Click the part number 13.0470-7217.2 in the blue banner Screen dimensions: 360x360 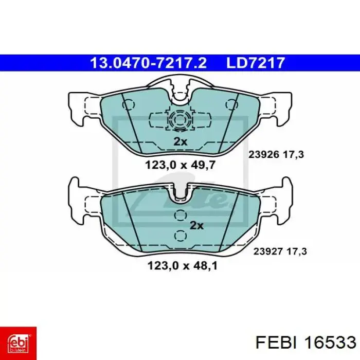tap(149, 63)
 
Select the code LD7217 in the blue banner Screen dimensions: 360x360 tap(256, 63)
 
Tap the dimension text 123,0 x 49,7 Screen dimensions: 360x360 tap(181, 165)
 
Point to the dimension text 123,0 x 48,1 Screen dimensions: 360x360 tap(182, 266)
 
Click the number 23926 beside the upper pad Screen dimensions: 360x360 tap(264, 154)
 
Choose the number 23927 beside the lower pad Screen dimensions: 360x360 tap(267, 251)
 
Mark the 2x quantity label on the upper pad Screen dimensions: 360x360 tap(180, 141)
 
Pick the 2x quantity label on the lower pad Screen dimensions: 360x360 tap(196, 226)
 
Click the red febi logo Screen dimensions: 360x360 tap(18, 343)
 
